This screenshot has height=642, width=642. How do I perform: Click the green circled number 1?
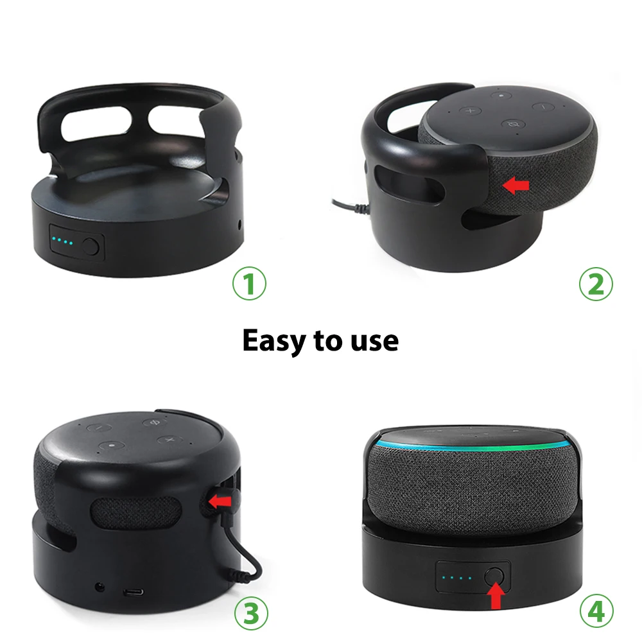click(x=249, y=284)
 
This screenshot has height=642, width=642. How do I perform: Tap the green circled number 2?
click(x=596, y=284)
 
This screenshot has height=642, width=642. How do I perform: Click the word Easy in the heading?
click(x=274, y=340)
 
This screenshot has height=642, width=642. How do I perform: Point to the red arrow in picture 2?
click(x=516, y=186)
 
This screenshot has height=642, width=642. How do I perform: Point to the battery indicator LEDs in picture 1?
click(x=64, y=243)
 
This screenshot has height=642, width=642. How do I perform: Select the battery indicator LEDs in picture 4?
click(x=460, y=577)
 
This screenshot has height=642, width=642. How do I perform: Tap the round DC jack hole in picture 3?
click(x=100, y=586)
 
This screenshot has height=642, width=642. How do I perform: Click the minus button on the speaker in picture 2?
click(x=542, y=106)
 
